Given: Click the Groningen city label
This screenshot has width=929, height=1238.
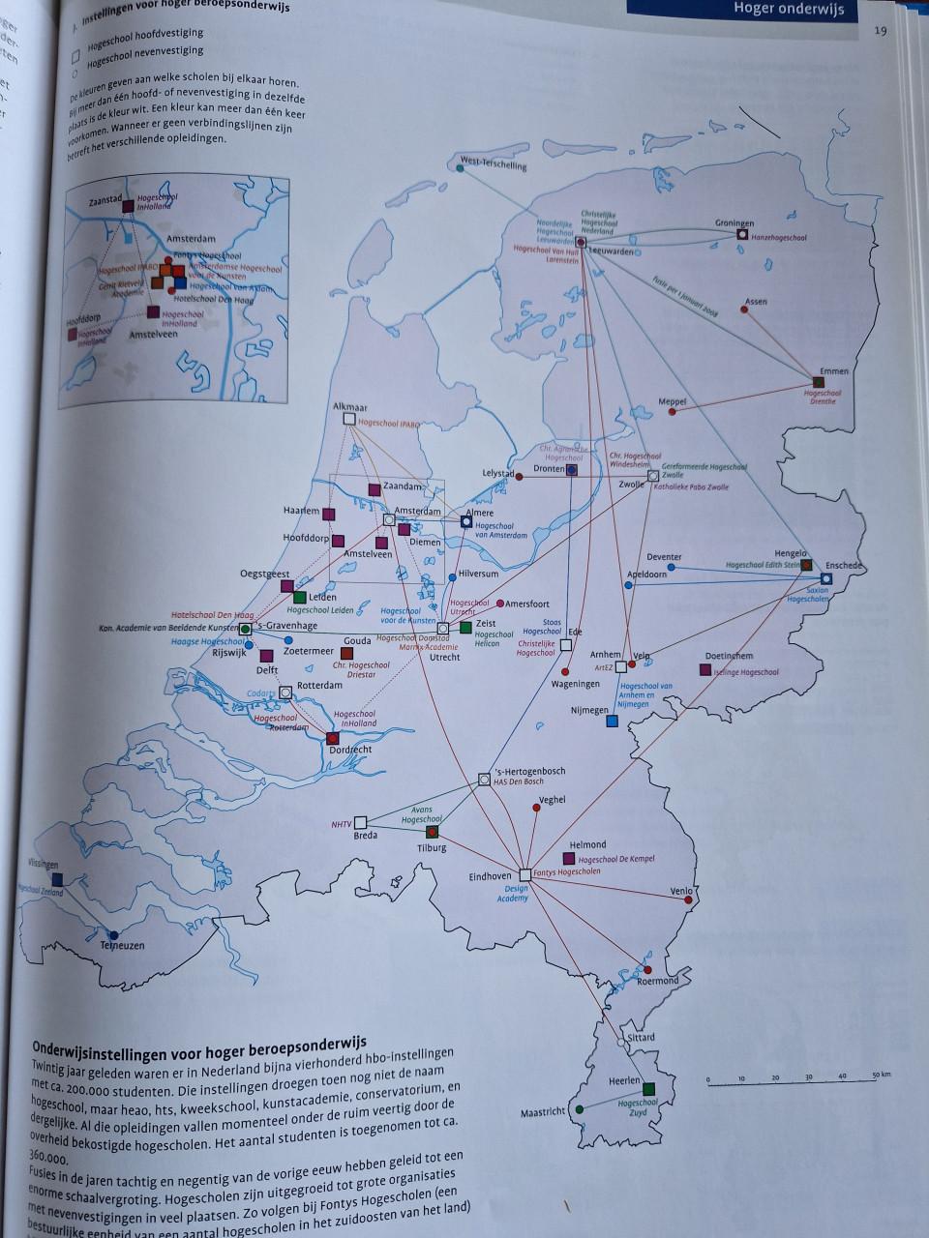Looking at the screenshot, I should [734, 222].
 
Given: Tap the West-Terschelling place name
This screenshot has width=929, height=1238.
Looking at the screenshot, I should [494, 164].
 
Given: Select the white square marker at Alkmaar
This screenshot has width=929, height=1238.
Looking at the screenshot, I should [350, 419].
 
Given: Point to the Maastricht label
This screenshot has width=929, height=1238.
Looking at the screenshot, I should [542, 1112].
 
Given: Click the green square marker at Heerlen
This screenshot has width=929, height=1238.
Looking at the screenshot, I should [648, 1089].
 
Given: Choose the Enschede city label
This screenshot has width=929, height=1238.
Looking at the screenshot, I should [844, 565].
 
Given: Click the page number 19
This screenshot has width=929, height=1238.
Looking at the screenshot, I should [880, 30].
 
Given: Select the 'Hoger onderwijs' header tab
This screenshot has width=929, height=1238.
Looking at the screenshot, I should [789, 10].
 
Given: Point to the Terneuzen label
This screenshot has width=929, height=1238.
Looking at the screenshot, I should [123, 945].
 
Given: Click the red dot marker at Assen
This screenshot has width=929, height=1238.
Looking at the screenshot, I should [745, 309].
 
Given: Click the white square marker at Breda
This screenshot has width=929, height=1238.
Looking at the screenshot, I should [361, 822].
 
